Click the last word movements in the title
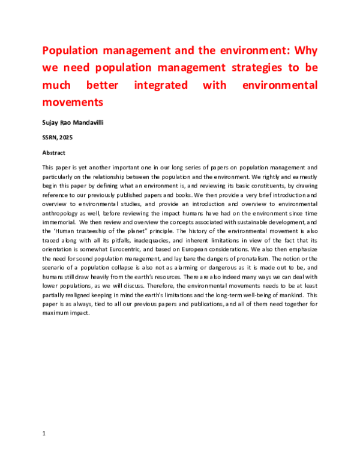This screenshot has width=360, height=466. pos(70,103)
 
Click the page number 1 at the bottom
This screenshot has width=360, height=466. pos(44,432)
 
